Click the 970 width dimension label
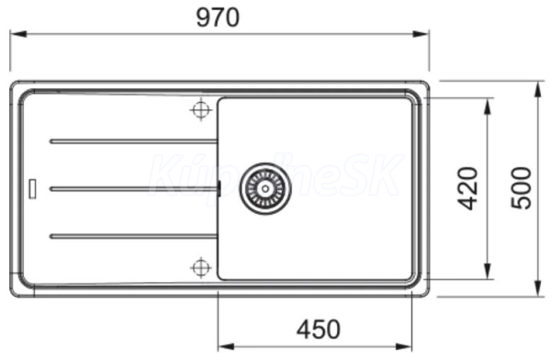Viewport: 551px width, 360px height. (x=218, y=17)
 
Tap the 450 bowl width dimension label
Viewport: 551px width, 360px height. (x=319, y=329)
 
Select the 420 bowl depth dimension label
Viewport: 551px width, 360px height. (x=467, y=188)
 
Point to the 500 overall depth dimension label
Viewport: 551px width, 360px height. (x=521, y=188)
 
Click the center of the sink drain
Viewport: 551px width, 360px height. (x=265, y=189)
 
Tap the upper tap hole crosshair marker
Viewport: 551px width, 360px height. (x=200, y=109)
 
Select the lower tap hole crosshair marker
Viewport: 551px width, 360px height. (x=200, y=267)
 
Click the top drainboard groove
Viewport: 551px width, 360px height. (x=133, y=141)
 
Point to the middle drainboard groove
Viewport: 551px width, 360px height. (x=133, y=189)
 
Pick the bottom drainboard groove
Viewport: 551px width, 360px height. (x=133, y=236)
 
